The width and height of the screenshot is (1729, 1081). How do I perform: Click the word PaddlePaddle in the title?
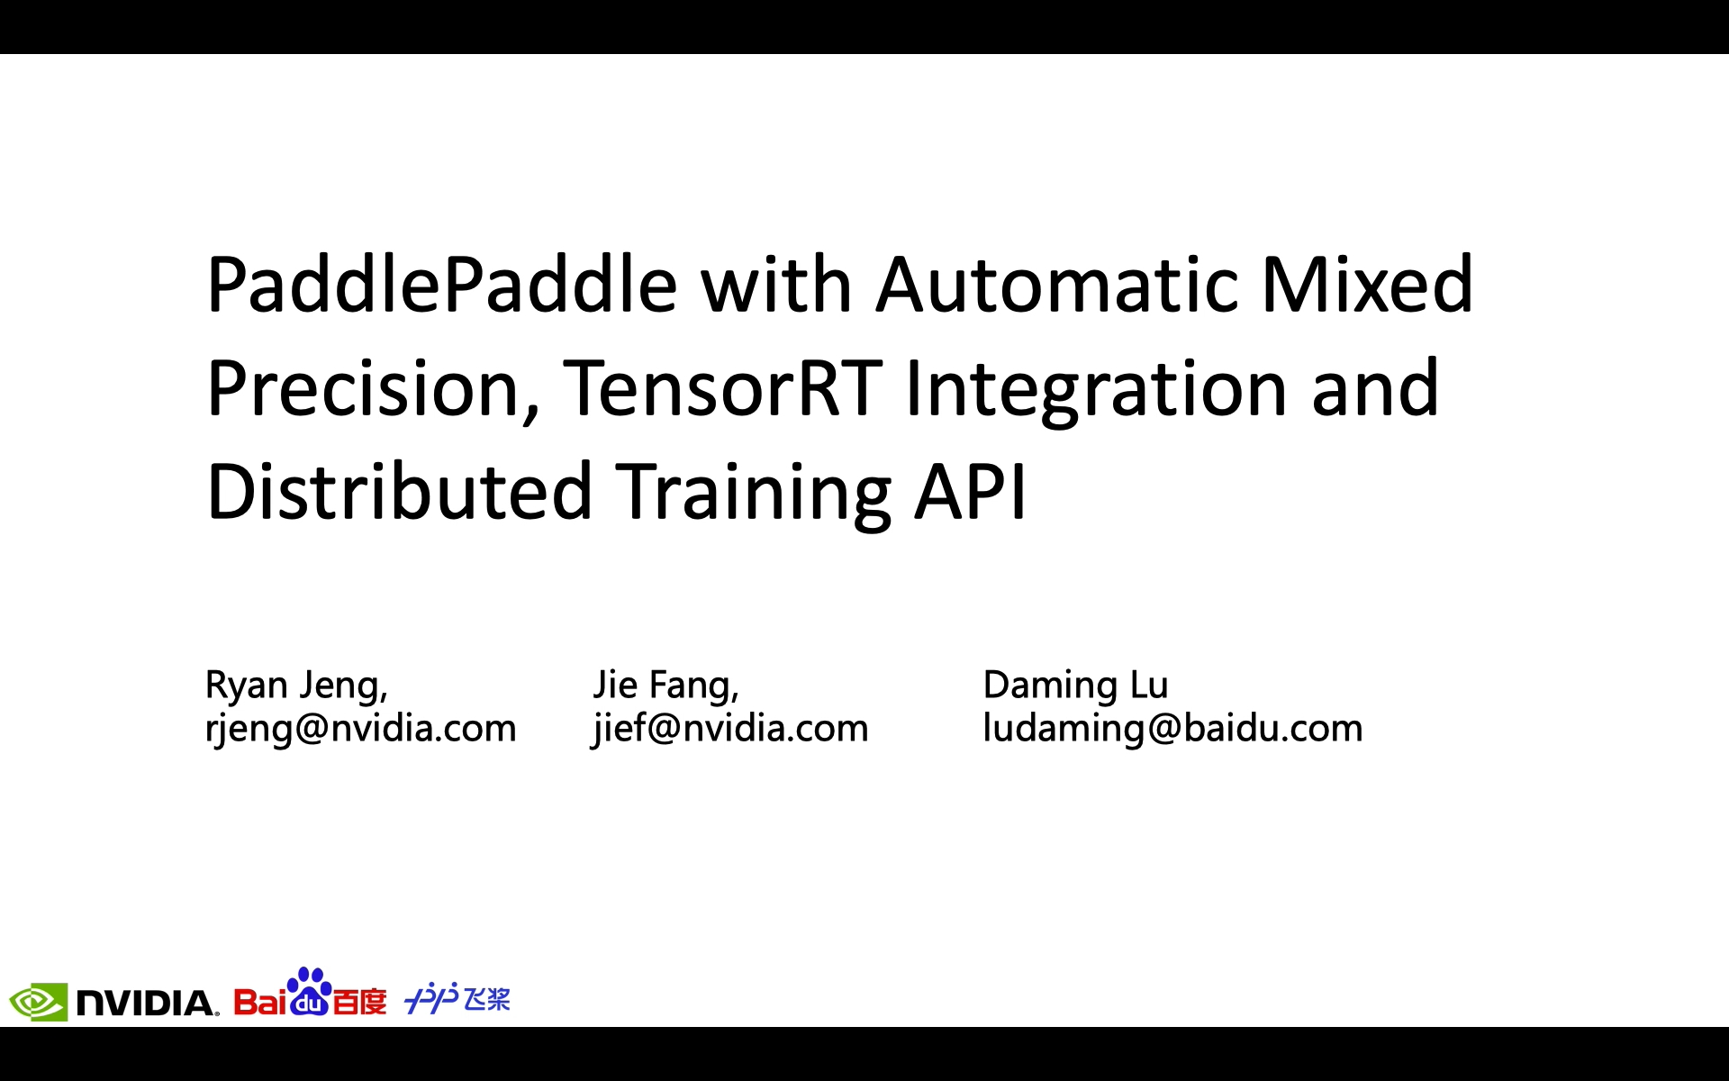[442, 286]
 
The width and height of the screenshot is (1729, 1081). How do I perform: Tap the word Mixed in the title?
[1367, 284]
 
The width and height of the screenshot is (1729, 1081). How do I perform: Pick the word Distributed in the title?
[400, 491]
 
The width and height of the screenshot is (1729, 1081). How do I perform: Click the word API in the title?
[971, 491]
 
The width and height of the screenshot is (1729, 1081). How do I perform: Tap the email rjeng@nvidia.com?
[361, 728]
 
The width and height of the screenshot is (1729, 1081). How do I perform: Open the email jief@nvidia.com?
[730, 728]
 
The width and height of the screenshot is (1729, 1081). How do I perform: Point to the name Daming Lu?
[1075, 686]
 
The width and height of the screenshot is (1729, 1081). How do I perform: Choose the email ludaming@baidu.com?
[1172, 728]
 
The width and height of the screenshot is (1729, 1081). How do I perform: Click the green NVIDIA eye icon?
[38, 1002]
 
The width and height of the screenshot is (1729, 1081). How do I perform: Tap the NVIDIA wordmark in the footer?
[147, 1003]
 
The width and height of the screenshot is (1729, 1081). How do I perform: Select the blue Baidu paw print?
[309, 991]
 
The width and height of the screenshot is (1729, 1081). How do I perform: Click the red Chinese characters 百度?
[360, 1001]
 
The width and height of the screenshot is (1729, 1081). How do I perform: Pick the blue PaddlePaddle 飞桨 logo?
[457, 998]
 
